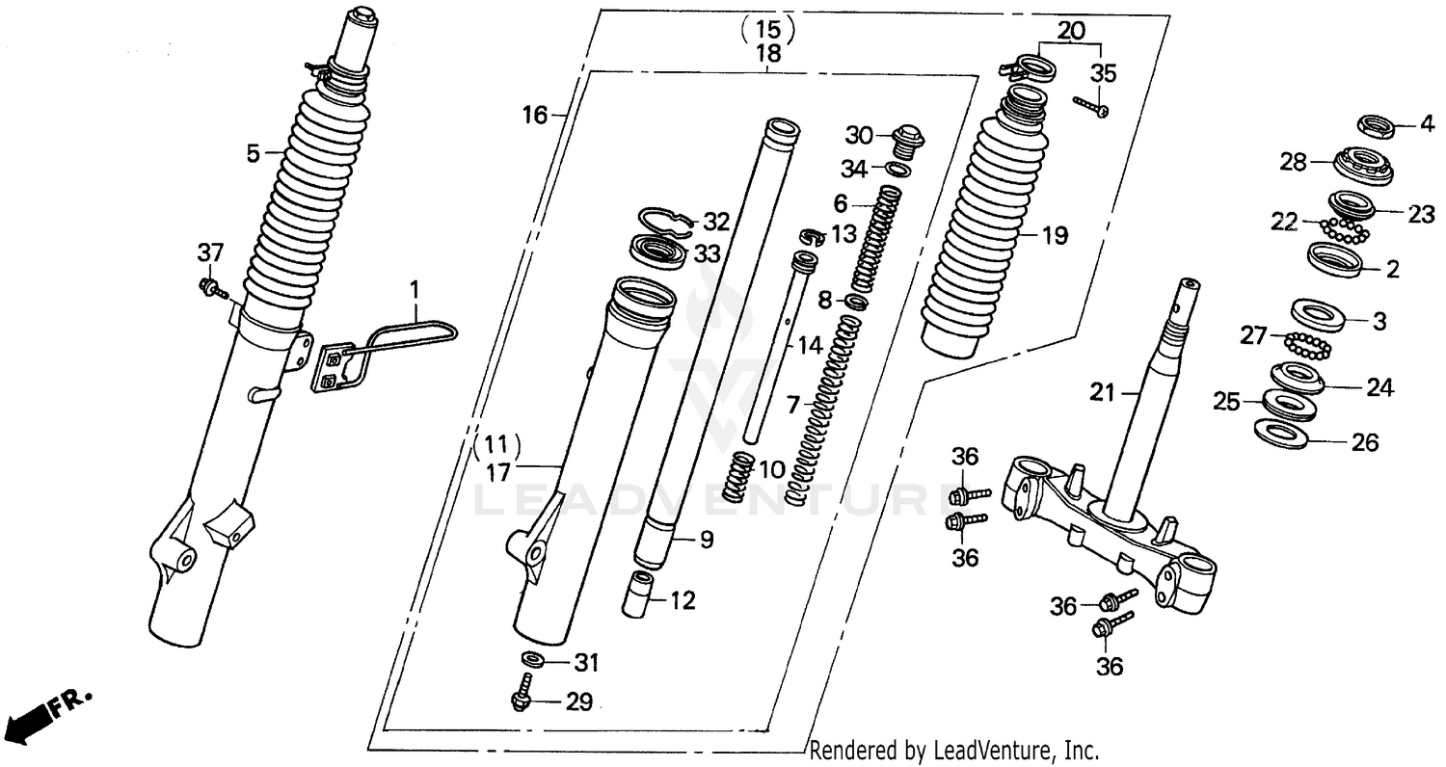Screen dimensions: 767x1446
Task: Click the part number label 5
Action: coord(253,152)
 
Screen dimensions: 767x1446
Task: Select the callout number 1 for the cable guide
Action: coord(415,287)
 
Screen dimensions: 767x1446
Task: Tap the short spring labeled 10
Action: coord(738,474)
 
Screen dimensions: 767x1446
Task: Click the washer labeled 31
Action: coord(531,661)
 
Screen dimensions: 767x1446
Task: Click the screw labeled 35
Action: coord(1090,106)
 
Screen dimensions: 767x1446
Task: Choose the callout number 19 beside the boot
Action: coord(1055,234)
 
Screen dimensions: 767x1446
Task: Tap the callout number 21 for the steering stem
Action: coord(1102,391)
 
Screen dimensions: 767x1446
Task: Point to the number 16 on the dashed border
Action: coord(535,117)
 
